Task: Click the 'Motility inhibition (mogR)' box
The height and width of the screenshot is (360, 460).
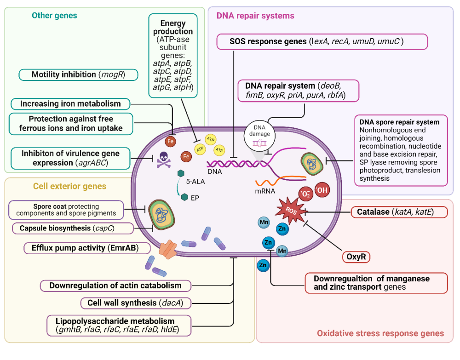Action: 78,74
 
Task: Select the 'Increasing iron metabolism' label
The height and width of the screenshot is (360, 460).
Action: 70,104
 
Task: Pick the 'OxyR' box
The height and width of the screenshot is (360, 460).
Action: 356,257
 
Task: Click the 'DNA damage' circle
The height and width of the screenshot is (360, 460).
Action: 260,134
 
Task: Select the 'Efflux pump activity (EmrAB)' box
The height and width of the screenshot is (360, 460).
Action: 87,248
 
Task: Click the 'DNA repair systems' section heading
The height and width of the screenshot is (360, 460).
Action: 255,16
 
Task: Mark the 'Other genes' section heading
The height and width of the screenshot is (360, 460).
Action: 54,16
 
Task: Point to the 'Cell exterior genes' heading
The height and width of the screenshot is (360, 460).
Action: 69,186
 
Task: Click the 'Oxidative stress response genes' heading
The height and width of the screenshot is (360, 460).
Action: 380,333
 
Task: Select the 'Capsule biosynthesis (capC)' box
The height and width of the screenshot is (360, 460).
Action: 73,228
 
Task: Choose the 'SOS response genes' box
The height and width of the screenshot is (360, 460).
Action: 322,42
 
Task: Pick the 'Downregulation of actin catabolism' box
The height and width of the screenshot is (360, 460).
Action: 115,286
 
